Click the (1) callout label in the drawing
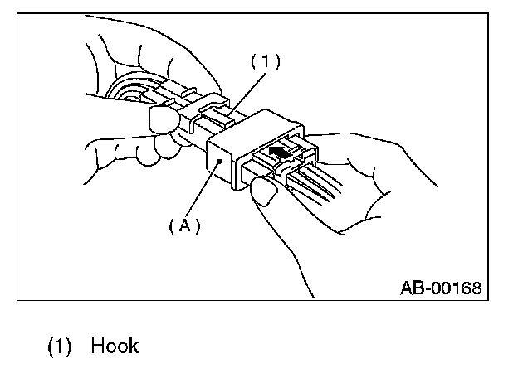coord(266,61)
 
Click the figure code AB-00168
coord(441,288)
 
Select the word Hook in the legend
coord(115,344)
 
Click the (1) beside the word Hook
coord(59,344)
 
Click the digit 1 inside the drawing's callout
coord(266,61)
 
